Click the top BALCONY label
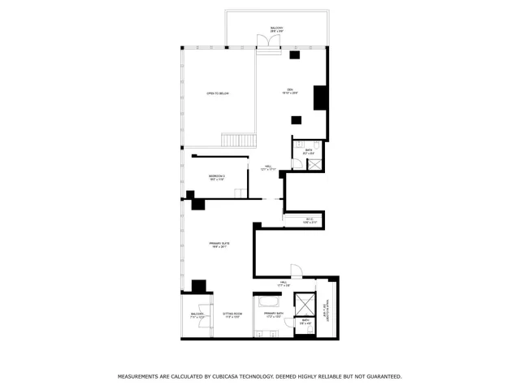pyautogui.click(x=276, y=29)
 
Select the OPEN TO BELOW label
pyautogui.click(x=217, y=94)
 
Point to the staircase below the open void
pyautogui.click(x=232, y=139)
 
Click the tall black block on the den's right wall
pyautogui.click(x=320, y=97)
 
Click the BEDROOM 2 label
pyautogui.click(x=216, y=177)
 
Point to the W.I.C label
pyautogui.click(x=310, y=220)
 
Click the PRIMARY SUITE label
pyautogui.click(x=217, y=245)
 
